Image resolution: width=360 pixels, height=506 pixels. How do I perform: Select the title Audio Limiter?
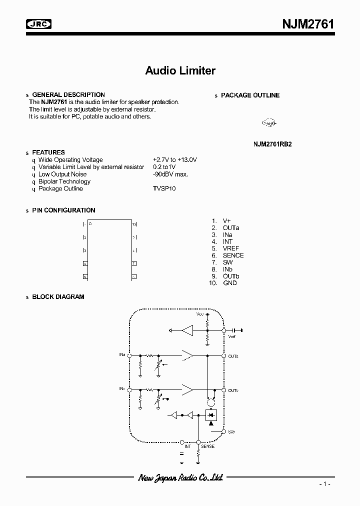pyautogui.click(x=180, y=70)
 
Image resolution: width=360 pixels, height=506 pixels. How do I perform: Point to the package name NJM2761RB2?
pyautogui.click(x=272, y=143)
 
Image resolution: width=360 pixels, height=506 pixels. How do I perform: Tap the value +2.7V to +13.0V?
pyautogui.click(x=175, y=160)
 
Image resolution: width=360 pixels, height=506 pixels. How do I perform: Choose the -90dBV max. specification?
pyautogui.click(x=170, y=174)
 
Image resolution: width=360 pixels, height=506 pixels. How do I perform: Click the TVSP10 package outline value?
pyautogui.click(x=164, y=188)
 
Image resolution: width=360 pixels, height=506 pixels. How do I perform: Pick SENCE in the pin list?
pyautogui.click(x=233, y=255)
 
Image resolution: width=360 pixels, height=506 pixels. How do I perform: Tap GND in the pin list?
pyautogui.click(x=230, y=283)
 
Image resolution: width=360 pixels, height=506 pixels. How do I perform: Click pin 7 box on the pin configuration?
pyautogui.click(x=134, y=263)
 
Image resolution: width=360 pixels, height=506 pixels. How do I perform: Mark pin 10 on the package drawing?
pyautogui.click(x=134, y=224)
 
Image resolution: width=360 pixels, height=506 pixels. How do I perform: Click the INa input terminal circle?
pyautogui.click(x=130, y=355)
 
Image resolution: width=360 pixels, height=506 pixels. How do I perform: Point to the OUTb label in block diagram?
pyautogui.click(x=233, y=390)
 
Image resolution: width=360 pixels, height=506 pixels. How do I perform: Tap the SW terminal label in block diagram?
pyautogui.click(x=230, y=431)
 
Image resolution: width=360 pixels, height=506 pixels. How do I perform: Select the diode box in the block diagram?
pyautogui.click(x=210, y=414)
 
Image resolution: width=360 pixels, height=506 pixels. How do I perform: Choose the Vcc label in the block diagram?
pyautogui.click(x=200, y=314)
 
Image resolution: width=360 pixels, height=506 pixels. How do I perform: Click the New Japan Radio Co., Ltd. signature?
pyautogui.click(x=180, y=478)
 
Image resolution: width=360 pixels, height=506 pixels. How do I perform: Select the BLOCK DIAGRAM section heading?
pyautogui.click(x=58, y=296)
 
